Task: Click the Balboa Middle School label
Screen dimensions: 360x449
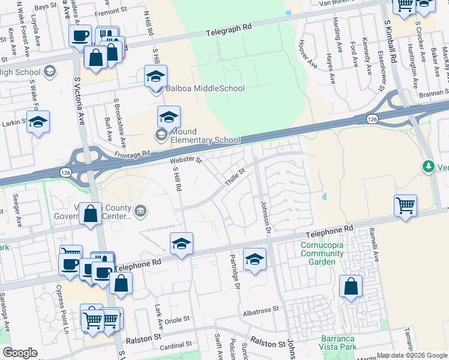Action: [205, 88]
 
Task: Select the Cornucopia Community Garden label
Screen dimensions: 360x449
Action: [322, 249]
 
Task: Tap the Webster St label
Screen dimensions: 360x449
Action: [185, 160]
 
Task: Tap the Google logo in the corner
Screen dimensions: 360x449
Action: [20, 353]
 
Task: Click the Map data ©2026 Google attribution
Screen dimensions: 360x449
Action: [412, 355]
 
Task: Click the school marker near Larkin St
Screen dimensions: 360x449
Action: [38, 122]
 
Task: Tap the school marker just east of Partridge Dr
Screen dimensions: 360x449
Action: [255, 259]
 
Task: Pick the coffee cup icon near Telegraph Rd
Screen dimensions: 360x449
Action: [80, 35]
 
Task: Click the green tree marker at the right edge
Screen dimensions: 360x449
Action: [429, 166]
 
